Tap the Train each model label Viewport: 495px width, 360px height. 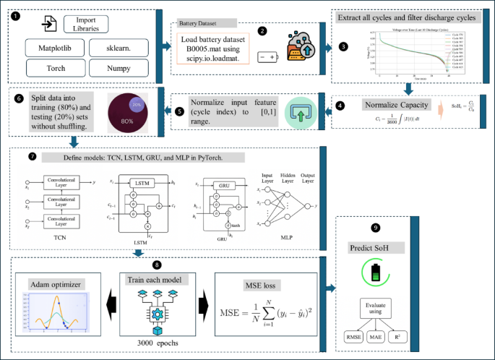[158, 279]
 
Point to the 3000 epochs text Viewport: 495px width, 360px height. [158, 343]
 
